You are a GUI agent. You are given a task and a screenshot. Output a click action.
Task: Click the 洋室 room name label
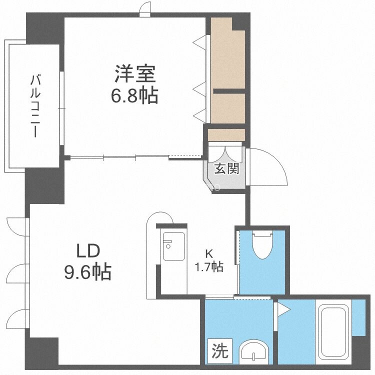tap(133, 75)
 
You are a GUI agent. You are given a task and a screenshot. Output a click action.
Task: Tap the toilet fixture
tap(262, 243)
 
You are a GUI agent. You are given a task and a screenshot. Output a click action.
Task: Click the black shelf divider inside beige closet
tap(229, 91)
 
